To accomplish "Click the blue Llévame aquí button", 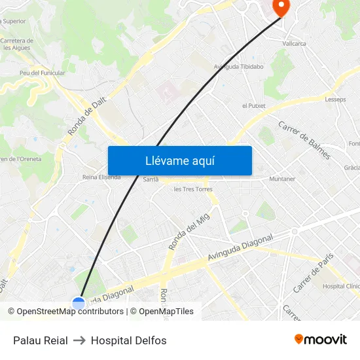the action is point(179,160).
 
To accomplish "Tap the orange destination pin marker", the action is point(280,7).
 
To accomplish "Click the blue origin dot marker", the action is point(79,303).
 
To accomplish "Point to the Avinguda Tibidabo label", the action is point(238,66).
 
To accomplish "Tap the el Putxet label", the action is point(253,105).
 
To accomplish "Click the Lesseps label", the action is point(335,99).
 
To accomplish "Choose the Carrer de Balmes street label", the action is point(304,140).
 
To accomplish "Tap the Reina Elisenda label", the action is point(101,177).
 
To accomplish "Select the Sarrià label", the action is point(151,179).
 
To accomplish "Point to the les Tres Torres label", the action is point(192,189).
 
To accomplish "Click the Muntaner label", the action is point(282,179).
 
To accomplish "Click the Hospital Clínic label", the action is point(341,286).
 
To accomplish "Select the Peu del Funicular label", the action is point(42,73).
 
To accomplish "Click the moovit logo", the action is point(321,339).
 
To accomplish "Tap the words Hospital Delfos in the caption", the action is point(128,340).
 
